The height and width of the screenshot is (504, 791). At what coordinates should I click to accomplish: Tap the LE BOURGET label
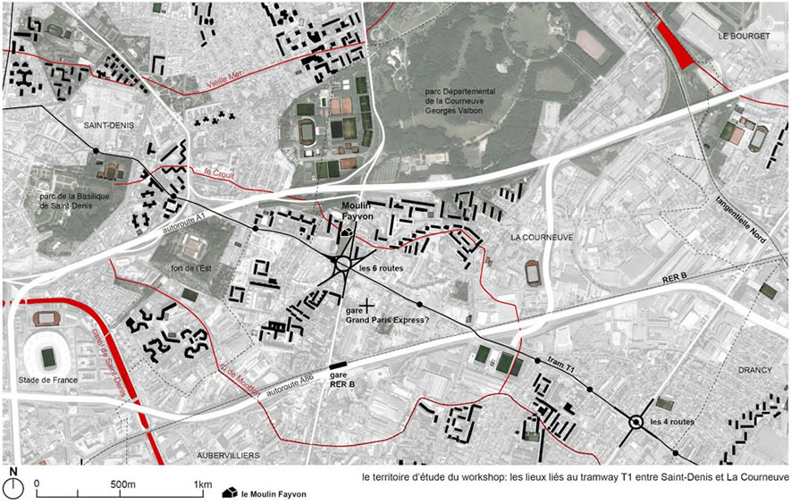[x=745, y=36]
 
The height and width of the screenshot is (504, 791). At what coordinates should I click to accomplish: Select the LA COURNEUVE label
[x=541, y=238]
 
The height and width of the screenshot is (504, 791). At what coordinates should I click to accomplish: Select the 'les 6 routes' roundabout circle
[x=342, y=265]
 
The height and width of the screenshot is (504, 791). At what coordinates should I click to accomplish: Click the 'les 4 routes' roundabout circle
[x=636, y=423]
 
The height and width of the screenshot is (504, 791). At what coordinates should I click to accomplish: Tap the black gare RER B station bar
[x=340, y=366]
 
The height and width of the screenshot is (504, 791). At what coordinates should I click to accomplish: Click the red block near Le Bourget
[x=676, y=46]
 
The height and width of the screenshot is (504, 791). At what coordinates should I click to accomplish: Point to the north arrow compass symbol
[x=13, y=485]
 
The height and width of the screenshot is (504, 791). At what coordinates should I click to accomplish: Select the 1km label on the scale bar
[x=203, y=485]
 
